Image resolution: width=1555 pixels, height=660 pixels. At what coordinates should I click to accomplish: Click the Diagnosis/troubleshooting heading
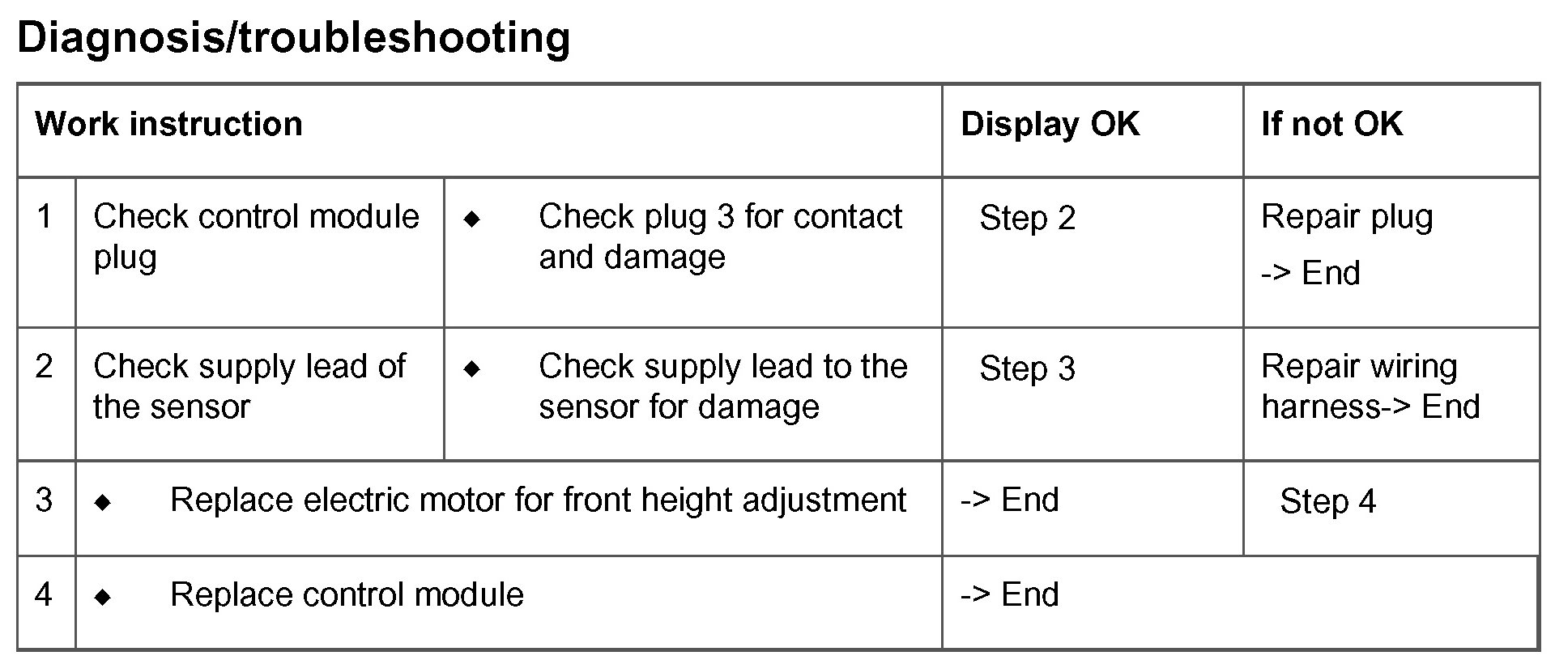tap(293, 38)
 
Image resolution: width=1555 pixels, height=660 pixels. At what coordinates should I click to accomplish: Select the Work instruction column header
tap(168, 125)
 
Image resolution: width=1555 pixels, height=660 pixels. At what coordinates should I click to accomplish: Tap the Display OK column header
tap(1050, 125)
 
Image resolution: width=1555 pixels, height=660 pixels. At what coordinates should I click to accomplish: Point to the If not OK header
tap(1331, 125)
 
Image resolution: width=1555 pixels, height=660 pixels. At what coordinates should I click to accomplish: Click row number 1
tap(45, 217)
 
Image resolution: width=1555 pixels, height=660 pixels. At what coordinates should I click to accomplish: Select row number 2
tap(45, 367)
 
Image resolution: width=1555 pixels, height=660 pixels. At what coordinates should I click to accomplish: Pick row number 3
tap(45, 500)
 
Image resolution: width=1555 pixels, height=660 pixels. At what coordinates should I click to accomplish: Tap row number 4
tap(45, 595)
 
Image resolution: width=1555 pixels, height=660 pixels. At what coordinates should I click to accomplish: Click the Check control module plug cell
tap(256, 236)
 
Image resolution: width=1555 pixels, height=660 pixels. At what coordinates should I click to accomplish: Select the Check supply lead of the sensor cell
tap(249, 386)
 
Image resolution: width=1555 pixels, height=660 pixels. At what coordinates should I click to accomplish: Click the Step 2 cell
tap(1027, 219)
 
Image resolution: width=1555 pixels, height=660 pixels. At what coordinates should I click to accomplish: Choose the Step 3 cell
tap(1027, 369)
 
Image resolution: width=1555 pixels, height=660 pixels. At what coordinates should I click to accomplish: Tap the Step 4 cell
tap(1327, 502)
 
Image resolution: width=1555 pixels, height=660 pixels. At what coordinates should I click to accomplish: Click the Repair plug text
tap(1347, 217)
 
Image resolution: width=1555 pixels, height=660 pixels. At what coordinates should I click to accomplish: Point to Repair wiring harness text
tap(1370, 386)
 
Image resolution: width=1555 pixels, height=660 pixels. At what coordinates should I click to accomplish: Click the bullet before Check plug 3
tap(472, 219)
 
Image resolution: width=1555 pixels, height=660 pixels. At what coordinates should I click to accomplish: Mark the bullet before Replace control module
tap(102, 598)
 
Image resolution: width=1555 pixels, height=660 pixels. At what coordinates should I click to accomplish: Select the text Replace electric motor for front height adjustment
tap(538, 500)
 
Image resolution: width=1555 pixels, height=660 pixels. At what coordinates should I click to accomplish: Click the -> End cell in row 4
tap(1009, 595)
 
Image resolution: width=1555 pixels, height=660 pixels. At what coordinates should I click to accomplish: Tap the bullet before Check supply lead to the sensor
tap(472, 369)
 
